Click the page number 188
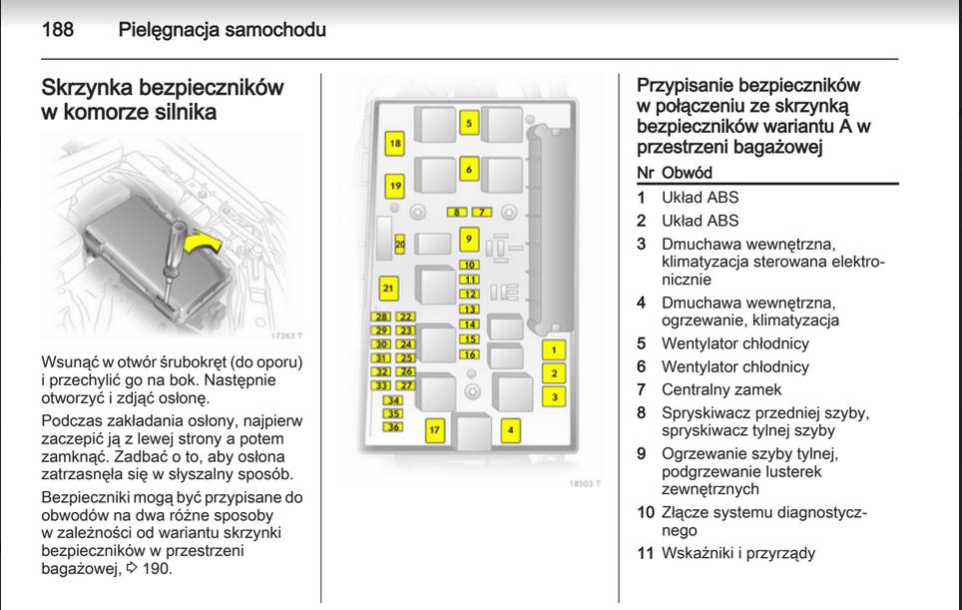coord(58,30)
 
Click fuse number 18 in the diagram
coord(395,144)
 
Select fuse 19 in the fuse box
coord(395,186)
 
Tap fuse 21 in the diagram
coord(388,290)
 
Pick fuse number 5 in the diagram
coord(469,124)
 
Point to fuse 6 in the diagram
coord(469,170)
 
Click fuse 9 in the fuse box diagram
coord(469,239)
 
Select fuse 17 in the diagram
coord(435,431)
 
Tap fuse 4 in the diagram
coord(511,430)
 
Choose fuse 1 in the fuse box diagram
coord(554,350)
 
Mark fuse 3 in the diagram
coord(554,397)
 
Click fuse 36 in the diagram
coord(393,427)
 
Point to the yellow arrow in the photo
coord(205,246)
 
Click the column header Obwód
coord(688,173)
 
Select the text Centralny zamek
coord(721,389)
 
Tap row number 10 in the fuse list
coord(646,513)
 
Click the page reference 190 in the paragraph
coord(157,569)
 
